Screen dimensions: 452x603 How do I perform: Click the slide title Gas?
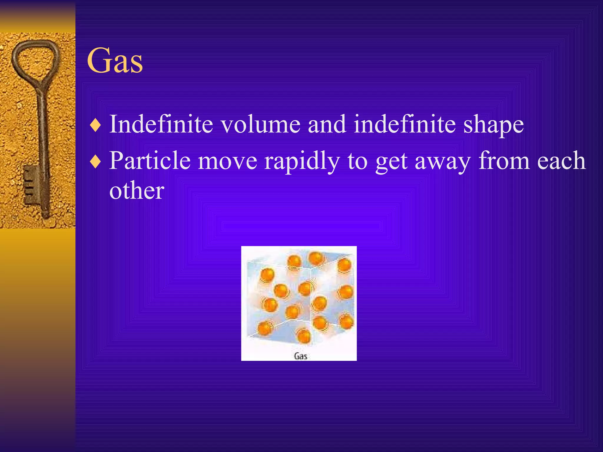115,61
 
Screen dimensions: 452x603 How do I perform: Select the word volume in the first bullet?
261,124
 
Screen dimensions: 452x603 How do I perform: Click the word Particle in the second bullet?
150,161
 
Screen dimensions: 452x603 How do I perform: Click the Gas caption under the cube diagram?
301,356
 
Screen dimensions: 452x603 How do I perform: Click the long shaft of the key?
43,132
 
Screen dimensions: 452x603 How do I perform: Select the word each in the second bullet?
561,161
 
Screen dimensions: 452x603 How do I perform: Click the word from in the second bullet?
504,161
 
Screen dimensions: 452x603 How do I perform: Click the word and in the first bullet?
327,124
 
